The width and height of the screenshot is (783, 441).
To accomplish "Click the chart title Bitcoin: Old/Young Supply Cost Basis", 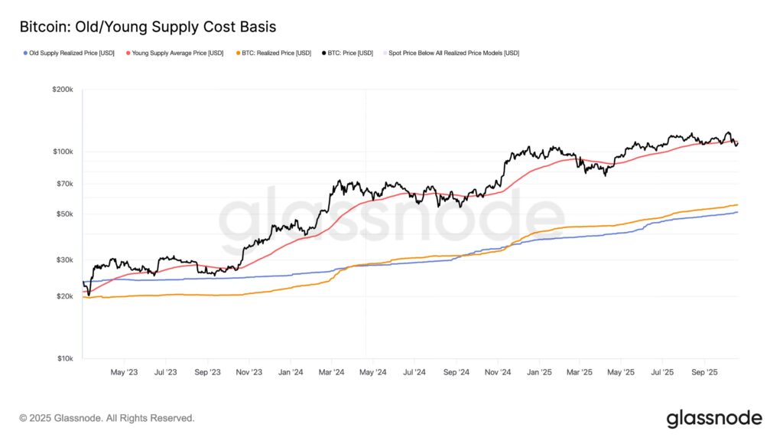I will tap(148, 27).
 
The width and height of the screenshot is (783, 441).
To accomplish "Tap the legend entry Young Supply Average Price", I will tap(176, 53).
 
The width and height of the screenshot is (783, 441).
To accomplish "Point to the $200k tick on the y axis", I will tap(63, 90).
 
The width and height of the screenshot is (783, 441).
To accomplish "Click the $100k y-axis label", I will tap(63, 152).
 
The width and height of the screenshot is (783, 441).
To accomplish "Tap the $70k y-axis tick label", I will tap(64, 184).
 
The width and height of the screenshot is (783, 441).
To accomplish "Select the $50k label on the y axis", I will tap(64, 214).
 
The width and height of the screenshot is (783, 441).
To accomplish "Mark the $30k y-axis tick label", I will tap(64, 260).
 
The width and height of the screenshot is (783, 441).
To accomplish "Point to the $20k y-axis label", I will tap(64, 296).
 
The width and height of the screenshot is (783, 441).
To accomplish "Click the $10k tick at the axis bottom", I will tap(64, 358).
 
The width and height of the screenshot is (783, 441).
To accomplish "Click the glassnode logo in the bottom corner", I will tap(713, 418).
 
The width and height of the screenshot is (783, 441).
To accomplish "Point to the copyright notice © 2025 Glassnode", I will tap(107, 418).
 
